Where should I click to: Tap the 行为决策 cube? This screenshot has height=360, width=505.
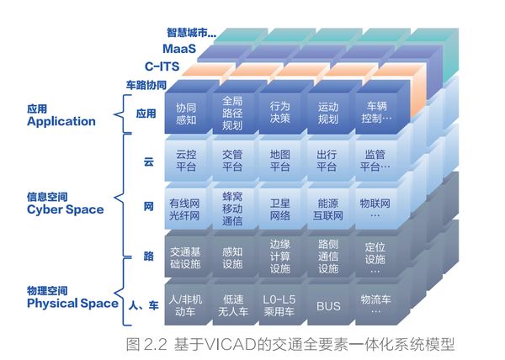279,114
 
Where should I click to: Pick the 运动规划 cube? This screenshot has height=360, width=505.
328,114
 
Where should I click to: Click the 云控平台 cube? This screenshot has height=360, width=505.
185,161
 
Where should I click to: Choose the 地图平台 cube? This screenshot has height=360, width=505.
279,161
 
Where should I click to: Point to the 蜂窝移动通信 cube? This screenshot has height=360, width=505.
232,209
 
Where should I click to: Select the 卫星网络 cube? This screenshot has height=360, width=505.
279,209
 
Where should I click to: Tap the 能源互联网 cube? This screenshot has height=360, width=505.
328,209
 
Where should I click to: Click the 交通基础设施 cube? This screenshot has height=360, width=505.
185,257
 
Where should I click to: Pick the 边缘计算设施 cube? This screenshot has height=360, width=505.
279,257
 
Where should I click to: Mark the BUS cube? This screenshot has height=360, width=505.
328,305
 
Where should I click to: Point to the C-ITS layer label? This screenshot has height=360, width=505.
164,66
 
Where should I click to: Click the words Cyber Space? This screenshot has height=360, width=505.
66,209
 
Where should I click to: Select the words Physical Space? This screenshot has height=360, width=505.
72,303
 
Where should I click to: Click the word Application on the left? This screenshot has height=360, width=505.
61,121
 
